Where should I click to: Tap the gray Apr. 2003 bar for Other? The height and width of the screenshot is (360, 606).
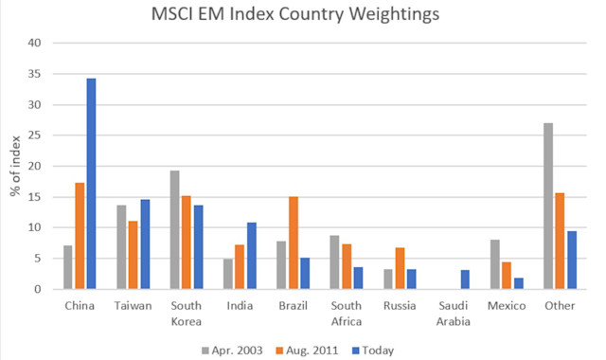click(x=548, y=206)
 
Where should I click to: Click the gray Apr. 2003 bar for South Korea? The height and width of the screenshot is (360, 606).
click(x=174, y=229)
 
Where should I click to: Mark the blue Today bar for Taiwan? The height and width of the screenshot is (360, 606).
click(x=145, y=244)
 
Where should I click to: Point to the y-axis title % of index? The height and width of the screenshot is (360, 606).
click(x=16, y=166)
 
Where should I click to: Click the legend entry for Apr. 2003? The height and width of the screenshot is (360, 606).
click(x=238, y=350)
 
